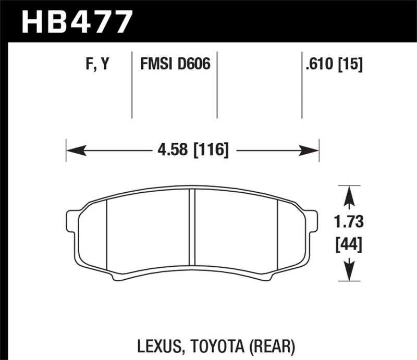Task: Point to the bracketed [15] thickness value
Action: pyautogui.click(x=350, y=65)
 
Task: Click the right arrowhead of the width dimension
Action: pyautogui.click(x=311, y=151)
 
